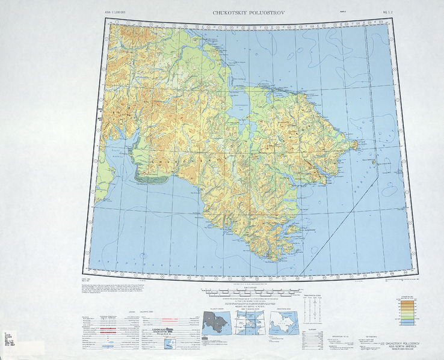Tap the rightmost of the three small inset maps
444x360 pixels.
point(285,322)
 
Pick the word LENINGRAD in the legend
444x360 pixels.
point(158,330)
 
